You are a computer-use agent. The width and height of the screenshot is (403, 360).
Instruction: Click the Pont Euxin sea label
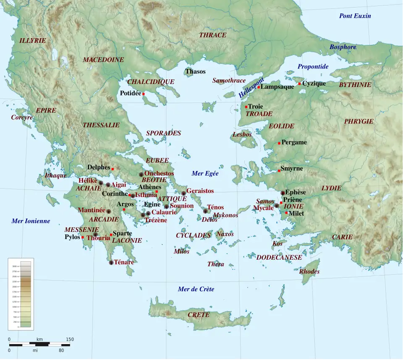click(x=355, y=16)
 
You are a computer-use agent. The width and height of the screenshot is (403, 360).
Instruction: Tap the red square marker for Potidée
click(x=144, y=94)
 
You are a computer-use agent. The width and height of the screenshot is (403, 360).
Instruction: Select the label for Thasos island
click(x=196, y=71)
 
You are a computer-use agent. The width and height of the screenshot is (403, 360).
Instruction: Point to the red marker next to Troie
click(x=246, y=107)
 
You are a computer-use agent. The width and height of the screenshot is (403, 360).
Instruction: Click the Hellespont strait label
click(x=251, y=88)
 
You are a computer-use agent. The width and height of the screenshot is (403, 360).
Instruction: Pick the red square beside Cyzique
click(x=300, y=84)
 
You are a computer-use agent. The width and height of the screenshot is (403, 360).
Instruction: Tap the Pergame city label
click(x=294, y=142)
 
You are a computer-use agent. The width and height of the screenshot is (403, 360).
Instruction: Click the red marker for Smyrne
click(x=279, y=171)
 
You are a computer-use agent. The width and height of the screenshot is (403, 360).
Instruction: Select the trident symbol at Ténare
click(x=111, y=263)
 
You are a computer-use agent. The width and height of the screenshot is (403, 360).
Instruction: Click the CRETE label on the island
click(x=198, y=315)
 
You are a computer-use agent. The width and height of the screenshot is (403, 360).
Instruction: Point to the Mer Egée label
click(x=205, y=173)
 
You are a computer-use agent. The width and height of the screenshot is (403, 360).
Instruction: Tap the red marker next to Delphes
click(x=113, y=169)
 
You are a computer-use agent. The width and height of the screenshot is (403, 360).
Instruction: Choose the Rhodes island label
click(x=309, y=271)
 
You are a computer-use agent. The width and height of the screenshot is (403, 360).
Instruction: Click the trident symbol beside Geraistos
click(x=183, y=193)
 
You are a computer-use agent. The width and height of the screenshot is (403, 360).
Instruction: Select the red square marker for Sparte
click(x=111, y=234)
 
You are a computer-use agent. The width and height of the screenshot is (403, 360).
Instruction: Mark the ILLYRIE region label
click(x=32, y=40)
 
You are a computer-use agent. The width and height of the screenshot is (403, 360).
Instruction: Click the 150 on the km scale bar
click(x=69, y=339)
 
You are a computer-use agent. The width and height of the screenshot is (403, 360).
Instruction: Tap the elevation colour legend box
click(x=21, y=294)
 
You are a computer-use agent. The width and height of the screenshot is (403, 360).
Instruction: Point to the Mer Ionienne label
click(x=31, y=221)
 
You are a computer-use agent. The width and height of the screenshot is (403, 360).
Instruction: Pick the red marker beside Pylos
click(x=83, y=238)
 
